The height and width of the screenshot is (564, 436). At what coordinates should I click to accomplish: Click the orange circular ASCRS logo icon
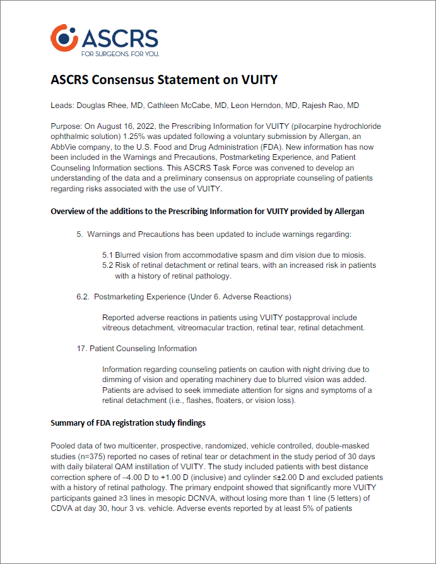(63, 38)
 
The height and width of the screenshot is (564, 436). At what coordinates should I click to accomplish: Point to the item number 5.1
(108, 255)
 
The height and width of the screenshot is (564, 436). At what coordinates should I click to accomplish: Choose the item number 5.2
(108, 265)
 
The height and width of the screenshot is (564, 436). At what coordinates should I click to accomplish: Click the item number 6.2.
(85, 296)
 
